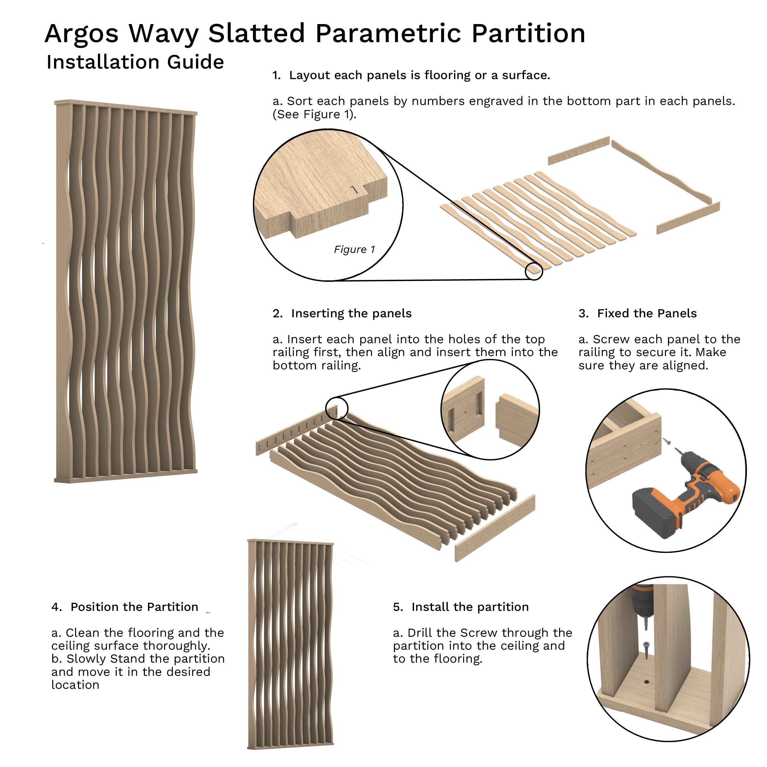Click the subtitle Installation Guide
[135, 62]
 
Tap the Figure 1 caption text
[354, 250]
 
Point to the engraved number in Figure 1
[355, 190]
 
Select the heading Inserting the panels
[351, 314]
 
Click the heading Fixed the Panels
[647, 314]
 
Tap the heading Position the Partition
[134, 607]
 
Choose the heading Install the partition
[470, 607]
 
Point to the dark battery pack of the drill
[653, 512]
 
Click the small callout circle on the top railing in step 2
[337, 408]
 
